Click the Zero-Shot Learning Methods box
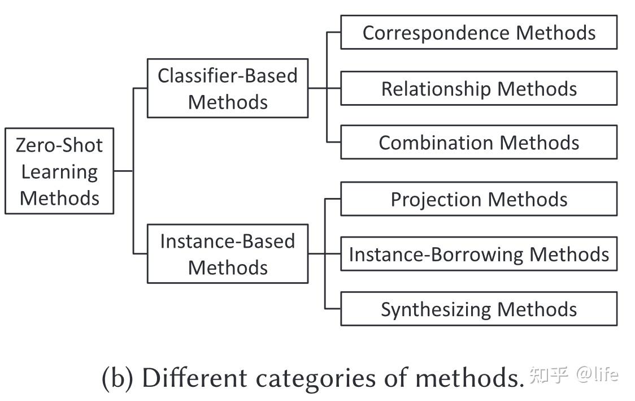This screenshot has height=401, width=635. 59,171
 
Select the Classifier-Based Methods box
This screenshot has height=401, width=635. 227,88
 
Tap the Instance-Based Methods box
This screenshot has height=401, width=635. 227,253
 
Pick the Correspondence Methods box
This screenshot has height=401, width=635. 479,32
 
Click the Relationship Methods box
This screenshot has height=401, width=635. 479,88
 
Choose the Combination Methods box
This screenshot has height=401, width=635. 479,142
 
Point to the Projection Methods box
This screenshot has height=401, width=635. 479,199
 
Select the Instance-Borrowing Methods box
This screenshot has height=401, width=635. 479,254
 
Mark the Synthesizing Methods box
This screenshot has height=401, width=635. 479,309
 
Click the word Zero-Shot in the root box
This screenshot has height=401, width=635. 59,145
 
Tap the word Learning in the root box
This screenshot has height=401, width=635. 59,171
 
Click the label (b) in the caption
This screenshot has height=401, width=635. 117,377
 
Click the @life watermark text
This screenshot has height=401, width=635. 597,374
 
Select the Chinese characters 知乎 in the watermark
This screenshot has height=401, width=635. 549,374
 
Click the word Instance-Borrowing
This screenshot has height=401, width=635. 436,254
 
